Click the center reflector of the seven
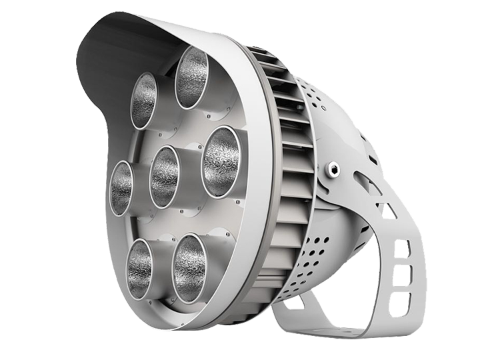164,176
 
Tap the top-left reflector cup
143,100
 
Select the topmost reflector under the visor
192,73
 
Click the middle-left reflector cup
121,187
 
